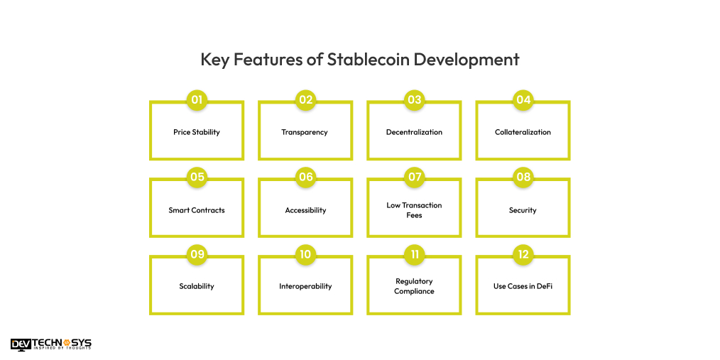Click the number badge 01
pos(197,100)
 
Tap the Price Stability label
pos(197,132)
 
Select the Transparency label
pos(305,132)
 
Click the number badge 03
pos(414,100)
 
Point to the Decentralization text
pos(414,132)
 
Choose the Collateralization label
pos(523,132)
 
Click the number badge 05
pos(197,178)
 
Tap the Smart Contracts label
pos(197,210)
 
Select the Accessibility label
pos(305,210)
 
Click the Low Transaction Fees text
pos(414,210)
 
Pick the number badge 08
pos(523,178)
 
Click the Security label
pos(523,210)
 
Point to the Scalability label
pos(197,286)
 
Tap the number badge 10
pos(305,254)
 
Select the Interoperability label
pos(305,286)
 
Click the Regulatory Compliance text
pos(414,286)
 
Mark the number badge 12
pos(523,254)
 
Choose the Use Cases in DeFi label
pos(523,286)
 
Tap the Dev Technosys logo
pos(51,344)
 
